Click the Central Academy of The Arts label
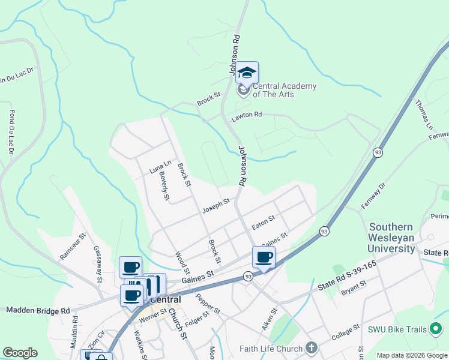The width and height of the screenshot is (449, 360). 284,90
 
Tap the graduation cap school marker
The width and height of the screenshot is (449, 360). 247,73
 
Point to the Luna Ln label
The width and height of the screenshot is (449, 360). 160,167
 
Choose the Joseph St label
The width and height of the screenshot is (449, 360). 216,206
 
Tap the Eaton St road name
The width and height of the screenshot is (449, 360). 263,223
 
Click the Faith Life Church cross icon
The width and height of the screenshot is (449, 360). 311,348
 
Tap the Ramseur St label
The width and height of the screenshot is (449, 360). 70,248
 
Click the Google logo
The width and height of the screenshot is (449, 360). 20,353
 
